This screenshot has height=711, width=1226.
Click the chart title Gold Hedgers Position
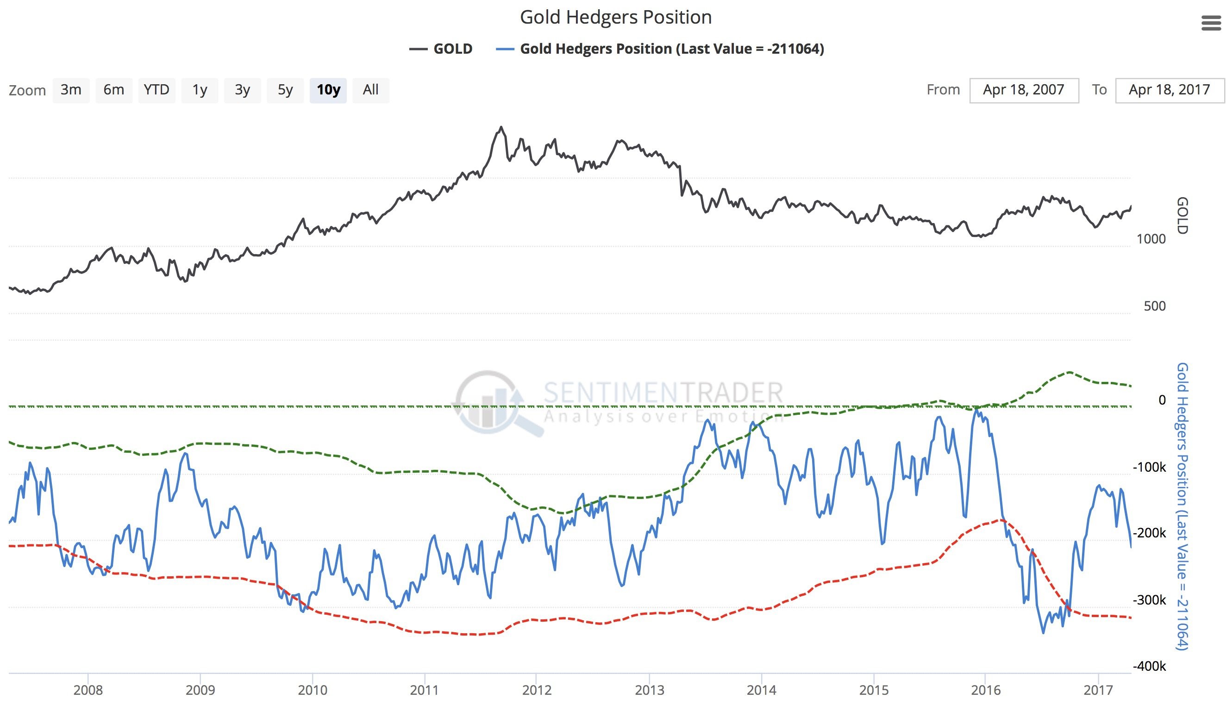point(615,18)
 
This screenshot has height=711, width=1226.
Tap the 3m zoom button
point(71,90)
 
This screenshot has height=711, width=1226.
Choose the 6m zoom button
point(114,90)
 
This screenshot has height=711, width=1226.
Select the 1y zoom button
point(200,90)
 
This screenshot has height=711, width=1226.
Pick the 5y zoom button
point(285,90)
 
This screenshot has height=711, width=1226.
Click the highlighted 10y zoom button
point(328,90)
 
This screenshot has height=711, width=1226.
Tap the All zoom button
point(370,90)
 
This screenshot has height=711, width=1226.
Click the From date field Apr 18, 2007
point(1024,90)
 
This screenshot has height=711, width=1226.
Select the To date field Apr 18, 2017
point(1169,90)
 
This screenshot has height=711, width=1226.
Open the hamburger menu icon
point(1210,23)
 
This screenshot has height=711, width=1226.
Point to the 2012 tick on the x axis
point(537,690)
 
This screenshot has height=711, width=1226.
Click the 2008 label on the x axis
point(88,690)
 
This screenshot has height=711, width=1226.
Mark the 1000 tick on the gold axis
point(1151,239)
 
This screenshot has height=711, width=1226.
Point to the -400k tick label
point(1149,666)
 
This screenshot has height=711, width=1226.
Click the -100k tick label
point(1149,468)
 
